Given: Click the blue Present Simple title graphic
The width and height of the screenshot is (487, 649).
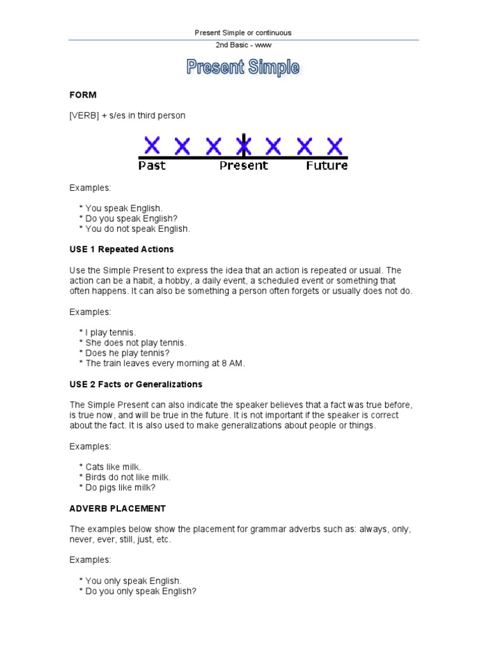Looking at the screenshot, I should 243,68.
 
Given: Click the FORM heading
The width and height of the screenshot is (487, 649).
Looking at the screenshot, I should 82,95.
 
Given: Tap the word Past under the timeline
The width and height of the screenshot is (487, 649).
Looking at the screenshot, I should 152,166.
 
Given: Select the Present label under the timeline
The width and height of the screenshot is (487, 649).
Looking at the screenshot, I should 243,166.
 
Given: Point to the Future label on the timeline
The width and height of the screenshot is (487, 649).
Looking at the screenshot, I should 327,166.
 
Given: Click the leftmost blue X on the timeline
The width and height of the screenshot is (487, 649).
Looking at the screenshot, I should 152,146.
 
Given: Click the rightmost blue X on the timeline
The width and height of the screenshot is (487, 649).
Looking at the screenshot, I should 334,146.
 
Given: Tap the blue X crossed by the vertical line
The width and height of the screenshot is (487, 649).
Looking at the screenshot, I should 243,146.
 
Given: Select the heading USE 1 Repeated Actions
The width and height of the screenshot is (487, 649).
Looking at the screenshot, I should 121,249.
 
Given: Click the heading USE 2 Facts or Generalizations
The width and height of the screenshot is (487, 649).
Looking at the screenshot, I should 136,384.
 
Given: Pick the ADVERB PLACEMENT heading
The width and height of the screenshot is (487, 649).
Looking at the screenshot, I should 117,508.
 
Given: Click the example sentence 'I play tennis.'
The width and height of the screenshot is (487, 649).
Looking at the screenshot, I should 110,332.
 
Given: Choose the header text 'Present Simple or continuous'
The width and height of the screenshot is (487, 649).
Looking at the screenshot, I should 243,33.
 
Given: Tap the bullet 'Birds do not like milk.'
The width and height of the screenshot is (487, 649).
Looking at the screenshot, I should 127,477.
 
